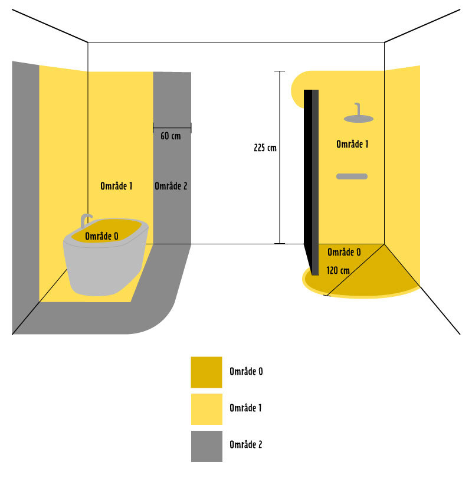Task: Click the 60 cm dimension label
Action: (x=171, y=136)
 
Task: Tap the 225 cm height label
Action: (x=265, y=148)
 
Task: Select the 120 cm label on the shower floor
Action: (x=337, y=270)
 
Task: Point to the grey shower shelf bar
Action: (x=352, y=176)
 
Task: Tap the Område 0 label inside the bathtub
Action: (x=101, y=236)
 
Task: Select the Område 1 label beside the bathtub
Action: (x=116, y=186)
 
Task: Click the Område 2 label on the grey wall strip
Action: (x=171, y=186)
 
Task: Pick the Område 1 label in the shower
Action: (x=352, y=144)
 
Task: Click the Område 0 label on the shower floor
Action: (x=344, y=252)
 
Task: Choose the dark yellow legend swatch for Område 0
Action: (x=206, y=372)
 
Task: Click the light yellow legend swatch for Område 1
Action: (x=206, y=409)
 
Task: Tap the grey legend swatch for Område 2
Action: (x=206, y=446)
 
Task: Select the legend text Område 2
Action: (x=246, y=445)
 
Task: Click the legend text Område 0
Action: (x=246, y=372)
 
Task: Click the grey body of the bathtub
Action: (x=103, y=269)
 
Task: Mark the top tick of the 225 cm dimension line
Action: (x=280, y=71)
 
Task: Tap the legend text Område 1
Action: (x=246, y=408)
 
